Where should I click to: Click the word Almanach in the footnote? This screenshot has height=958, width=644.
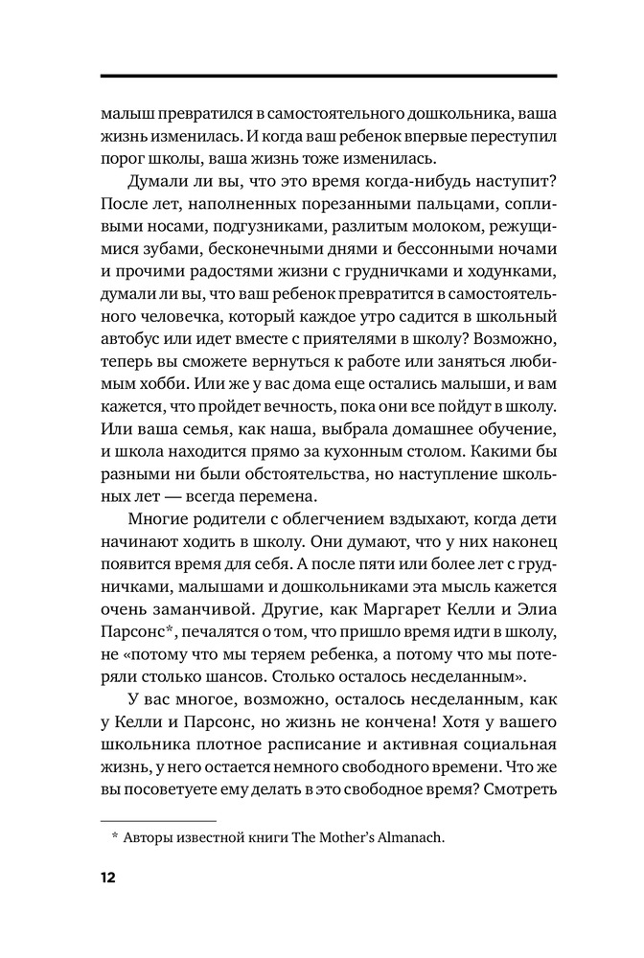pos(407,838)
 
